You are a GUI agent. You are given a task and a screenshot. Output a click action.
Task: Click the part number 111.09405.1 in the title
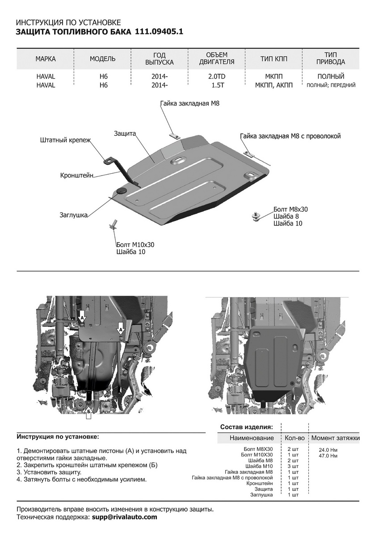coord(159,32)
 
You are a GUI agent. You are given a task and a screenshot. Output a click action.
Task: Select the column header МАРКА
coord(45,59)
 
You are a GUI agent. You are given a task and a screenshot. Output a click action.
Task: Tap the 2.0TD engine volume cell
coord(217,76)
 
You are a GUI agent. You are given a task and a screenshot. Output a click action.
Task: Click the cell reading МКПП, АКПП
coord(274,85)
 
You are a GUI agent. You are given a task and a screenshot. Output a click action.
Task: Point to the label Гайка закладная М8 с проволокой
coord(290,136)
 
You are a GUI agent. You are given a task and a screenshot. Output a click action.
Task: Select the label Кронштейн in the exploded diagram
coord(76,176)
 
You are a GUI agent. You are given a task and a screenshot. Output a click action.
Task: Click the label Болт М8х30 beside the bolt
coord(291,209)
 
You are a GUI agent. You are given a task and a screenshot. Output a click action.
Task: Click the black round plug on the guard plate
coord(121,192)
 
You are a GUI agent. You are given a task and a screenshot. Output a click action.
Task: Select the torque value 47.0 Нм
coord(328,456)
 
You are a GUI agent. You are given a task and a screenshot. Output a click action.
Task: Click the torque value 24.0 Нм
coord(328,450)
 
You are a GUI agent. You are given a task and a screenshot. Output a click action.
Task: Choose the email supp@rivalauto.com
coord(125,517)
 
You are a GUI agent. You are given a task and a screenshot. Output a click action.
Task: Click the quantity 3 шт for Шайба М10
coord(293,466)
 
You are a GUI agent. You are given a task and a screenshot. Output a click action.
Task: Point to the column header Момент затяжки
coord(335,438)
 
